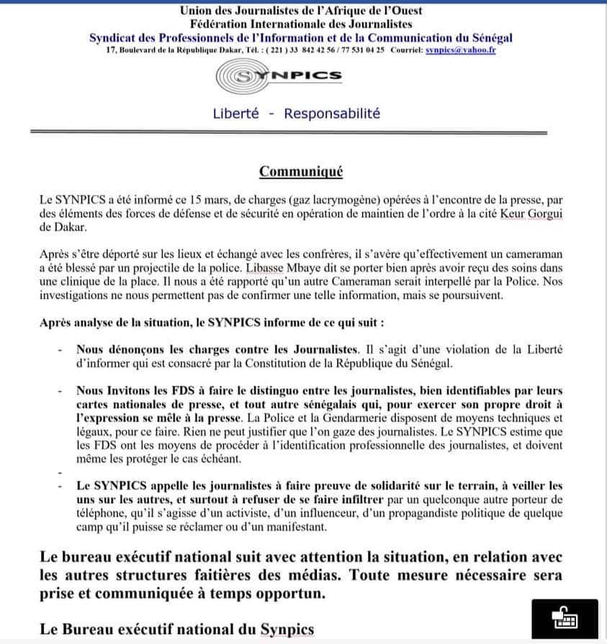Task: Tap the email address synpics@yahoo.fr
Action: coord(460,50)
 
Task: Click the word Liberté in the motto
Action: coord(235,114)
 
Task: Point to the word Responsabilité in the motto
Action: coord(332,114)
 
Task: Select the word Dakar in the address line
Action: coord(226,50)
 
